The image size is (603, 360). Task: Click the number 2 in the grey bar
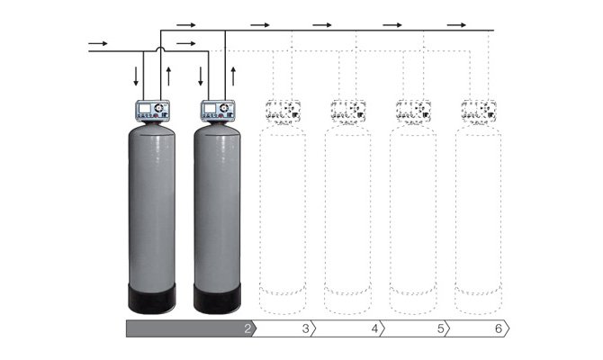pyautogui.click(x=247, y=328)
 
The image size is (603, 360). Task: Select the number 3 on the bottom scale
pyautogui.click(x=306, y=328)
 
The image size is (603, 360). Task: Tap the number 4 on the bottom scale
pyautogui.click(x=374, y=328)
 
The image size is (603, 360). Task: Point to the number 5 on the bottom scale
pyautogui.click(x=441, y=328)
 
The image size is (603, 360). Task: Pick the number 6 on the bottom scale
pyautogui.click(x=499, y=328)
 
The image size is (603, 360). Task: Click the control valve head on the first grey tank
pyautogui.click(x=152, y=111)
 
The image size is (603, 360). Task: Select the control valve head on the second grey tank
pyautogui.click(x=218, y=111)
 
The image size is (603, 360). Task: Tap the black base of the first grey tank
pyautogui.click(x=152, y=299)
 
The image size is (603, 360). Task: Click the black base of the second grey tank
pyautogui.click(x=217, y=299)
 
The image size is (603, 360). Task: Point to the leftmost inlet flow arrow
pyautogui.click(x=98, y=43)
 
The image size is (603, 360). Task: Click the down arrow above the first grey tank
pyautogui.click(x=136, y=76)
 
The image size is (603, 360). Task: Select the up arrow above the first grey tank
pyautogui.click(x=168, y=76)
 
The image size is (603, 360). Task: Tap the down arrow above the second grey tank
pyautogui.click(x=201, y=76)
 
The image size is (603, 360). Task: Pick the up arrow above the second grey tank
pyautogui.click(x=233, y=76)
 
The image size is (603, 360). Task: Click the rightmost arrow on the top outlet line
pyautogui.click(x=456, y=25)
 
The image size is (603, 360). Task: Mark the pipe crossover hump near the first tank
pyautogui.click(x=161, y=49)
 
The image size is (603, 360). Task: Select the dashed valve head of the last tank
pyautogui.click(x=479, y=111)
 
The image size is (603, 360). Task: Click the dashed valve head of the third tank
pyautogui.click(x=283, y=111)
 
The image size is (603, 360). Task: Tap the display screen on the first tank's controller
pyautogui.click(x=145, y=108)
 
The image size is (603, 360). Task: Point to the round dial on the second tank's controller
pyautogui.click(x=224, y=108)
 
